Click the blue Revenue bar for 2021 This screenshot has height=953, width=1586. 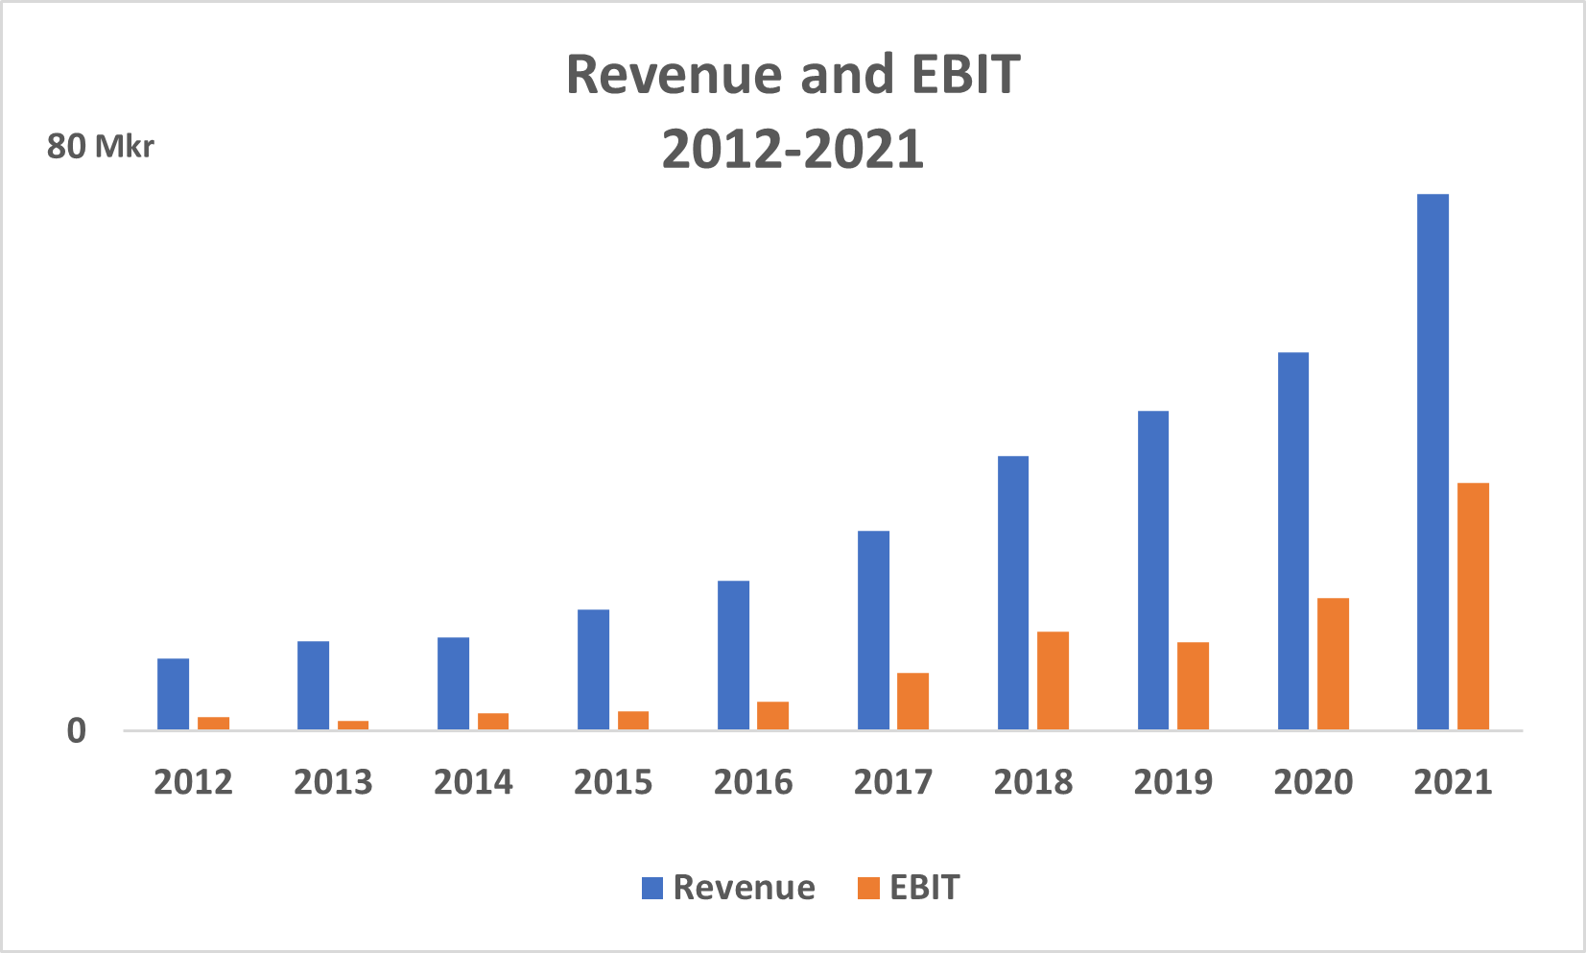[x=1432, y=461]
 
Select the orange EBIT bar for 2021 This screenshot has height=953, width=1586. [x=1473, y=606]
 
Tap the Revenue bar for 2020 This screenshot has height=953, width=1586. [x=1293, y=540]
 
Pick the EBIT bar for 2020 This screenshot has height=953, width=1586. [x=1333, y=663]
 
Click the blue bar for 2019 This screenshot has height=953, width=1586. [x=1153, y=570]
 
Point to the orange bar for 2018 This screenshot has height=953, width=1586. [x=1053, y=680]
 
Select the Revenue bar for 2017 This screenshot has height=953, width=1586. [x=873, y=630]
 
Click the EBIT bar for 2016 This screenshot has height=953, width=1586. [x=772, y=716]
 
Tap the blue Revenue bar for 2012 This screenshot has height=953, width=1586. [x=173, y=694]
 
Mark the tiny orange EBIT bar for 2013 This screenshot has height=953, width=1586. [x=353, y=725]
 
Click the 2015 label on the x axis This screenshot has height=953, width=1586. [x=612, y=782]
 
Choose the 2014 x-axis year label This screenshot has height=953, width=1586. [x=472, y=782]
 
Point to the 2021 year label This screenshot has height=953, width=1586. [x=1453, y=782]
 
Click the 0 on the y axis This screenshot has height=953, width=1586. [x=76, y=731]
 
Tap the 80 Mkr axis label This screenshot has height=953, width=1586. [x=100, y=147]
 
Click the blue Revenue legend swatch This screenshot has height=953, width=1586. [x=652, y=888]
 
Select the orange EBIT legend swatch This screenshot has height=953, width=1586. [x=867, y=888]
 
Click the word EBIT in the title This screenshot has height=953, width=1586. [x=964, y=75]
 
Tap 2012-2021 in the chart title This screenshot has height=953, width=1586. [x=793, y=150]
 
